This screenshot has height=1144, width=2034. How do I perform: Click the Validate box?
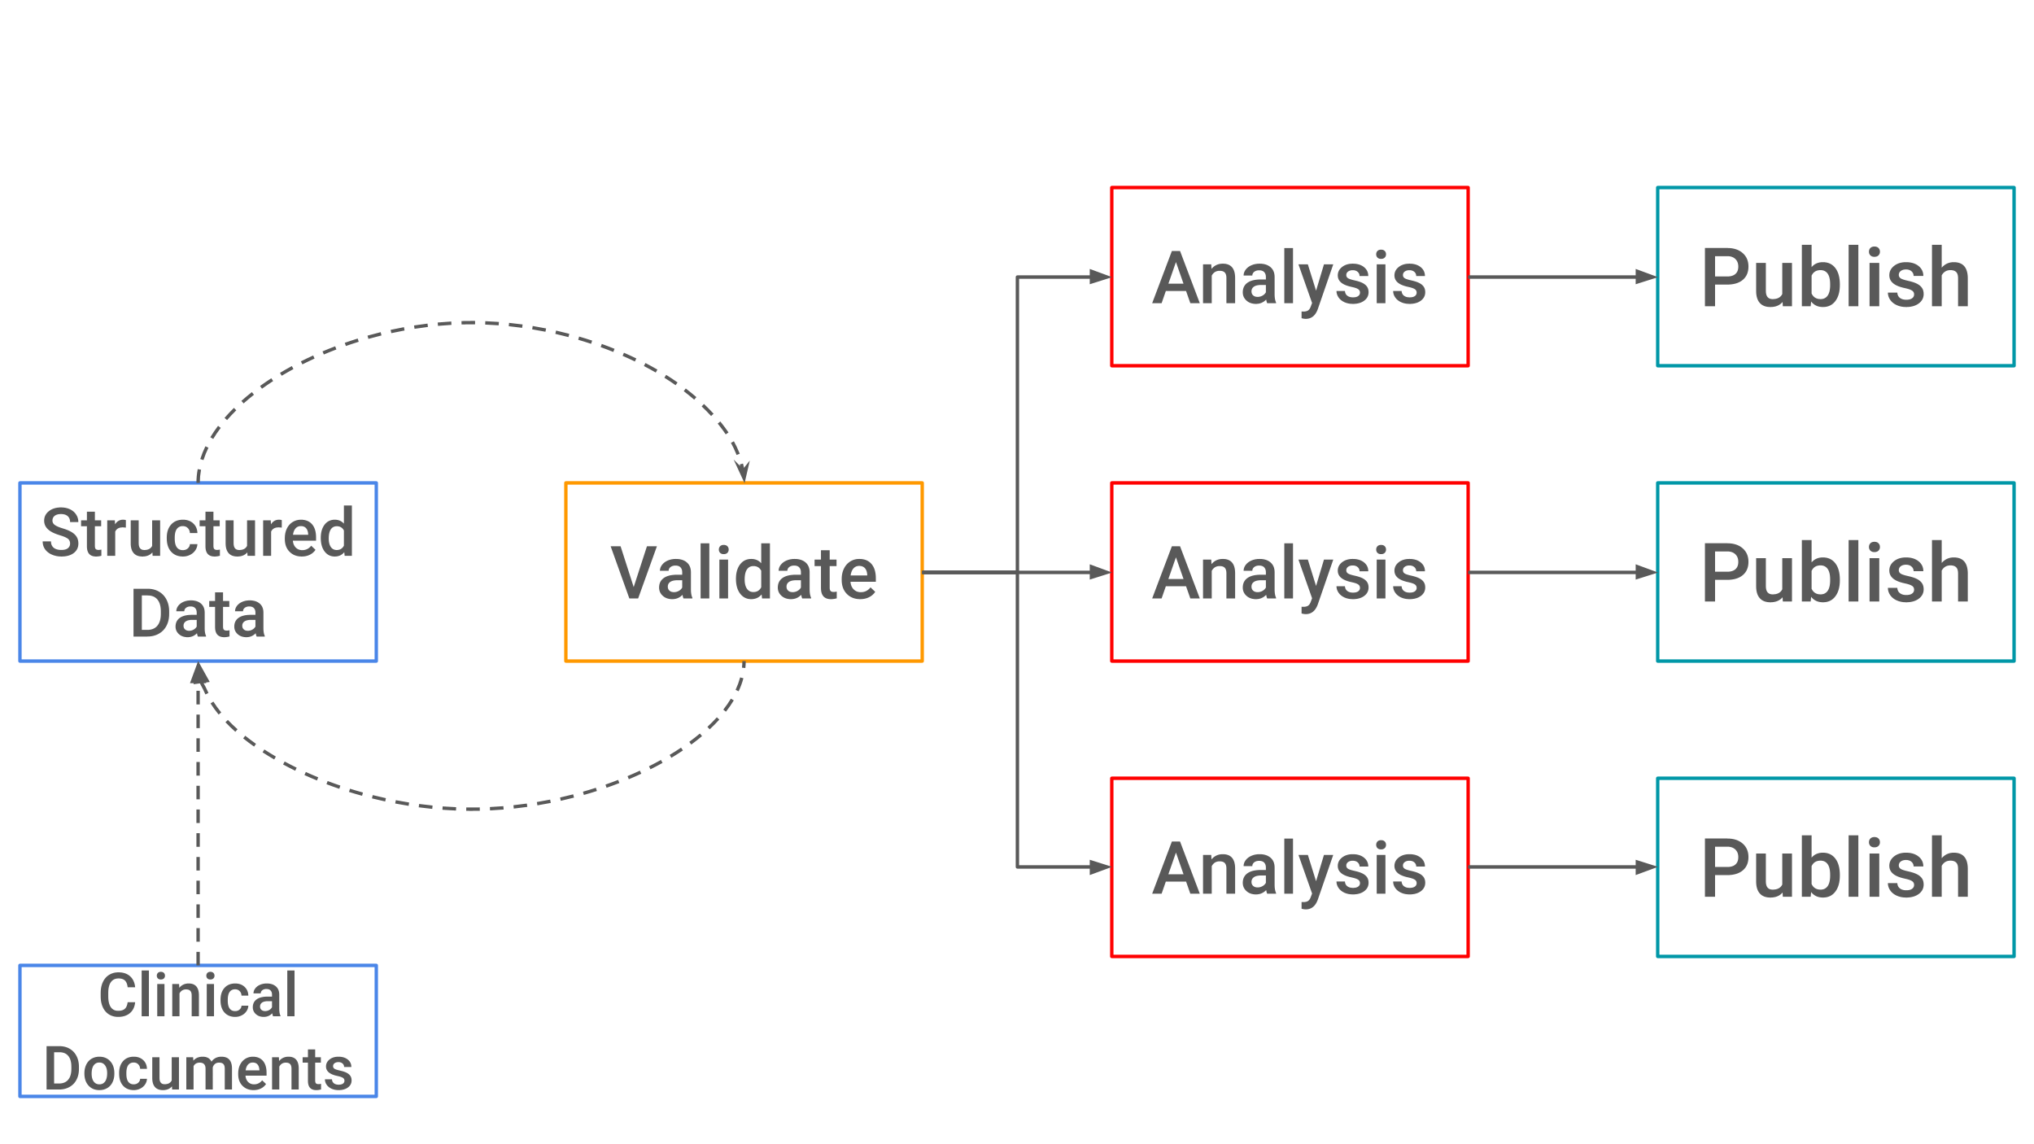click(744, 572)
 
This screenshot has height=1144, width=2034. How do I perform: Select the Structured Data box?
click(198, 572)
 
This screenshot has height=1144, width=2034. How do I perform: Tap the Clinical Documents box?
click(198, 1031)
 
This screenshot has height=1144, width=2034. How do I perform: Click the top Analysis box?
click(1290, 277)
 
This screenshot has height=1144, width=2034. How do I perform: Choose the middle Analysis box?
click(1290, 572)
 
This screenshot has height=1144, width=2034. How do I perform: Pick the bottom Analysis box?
click(1290, 867)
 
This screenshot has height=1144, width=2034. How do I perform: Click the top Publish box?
click(1835, 277)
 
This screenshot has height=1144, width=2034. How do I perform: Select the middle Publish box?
click(1835, 572)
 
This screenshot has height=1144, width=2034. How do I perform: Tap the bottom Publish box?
click(1835, 867)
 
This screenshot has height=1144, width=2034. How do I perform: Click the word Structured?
click(198, 533)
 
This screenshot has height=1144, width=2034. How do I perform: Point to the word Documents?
click(198, 1068)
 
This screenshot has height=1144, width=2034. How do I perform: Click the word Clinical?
click(198, 995)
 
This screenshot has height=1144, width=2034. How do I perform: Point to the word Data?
click(198, 613)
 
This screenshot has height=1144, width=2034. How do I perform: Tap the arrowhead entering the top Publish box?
click(1646, 277)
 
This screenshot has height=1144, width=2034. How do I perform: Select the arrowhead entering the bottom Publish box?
click(1646, 867)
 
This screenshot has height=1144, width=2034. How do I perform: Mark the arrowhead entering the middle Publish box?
click(1646, 572)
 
